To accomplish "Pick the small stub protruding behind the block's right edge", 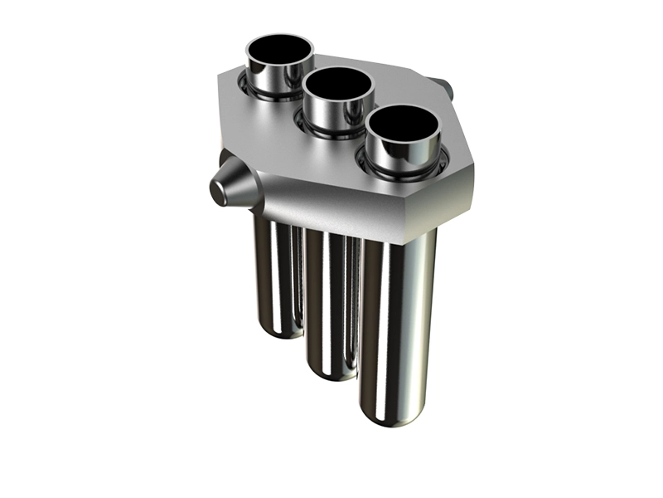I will pyautogui.click(x=445, y=86).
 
